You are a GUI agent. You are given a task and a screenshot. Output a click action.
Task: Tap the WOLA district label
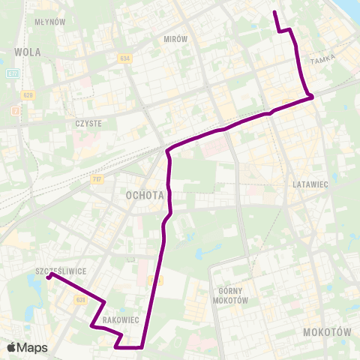tap(28, 52)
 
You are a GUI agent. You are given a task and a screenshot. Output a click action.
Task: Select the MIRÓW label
tap(175, 38)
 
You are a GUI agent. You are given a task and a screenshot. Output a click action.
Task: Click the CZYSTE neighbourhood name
tap(88, 122)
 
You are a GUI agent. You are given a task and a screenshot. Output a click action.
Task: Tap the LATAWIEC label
tap(306, 183)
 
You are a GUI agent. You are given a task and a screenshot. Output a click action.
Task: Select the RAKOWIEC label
tap(120, 319)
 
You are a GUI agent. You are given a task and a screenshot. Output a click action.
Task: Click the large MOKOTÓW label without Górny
tap(327, 331)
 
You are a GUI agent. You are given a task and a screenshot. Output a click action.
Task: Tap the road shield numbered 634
tap(124, 58)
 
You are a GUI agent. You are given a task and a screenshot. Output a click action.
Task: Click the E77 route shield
tap(12, 74)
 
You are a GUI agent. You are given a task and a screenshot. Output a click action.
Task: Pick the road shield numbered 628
tap(28, 94)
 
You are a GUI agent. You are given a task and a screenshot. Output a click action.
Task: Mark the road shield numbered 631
tap(80, 298)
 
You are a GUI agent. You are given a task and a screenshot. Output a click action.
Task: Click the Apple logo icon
tap(11, 347)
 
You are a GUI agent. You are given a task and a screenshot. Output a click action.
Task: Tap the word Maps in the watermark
tap(32, 347)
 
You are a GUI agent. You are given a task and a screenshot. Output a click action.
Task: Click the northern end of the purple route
tap(274, 12)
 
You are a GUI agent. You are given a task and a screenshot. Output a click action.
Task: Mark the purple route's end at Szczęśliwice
tap(49, 276)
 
